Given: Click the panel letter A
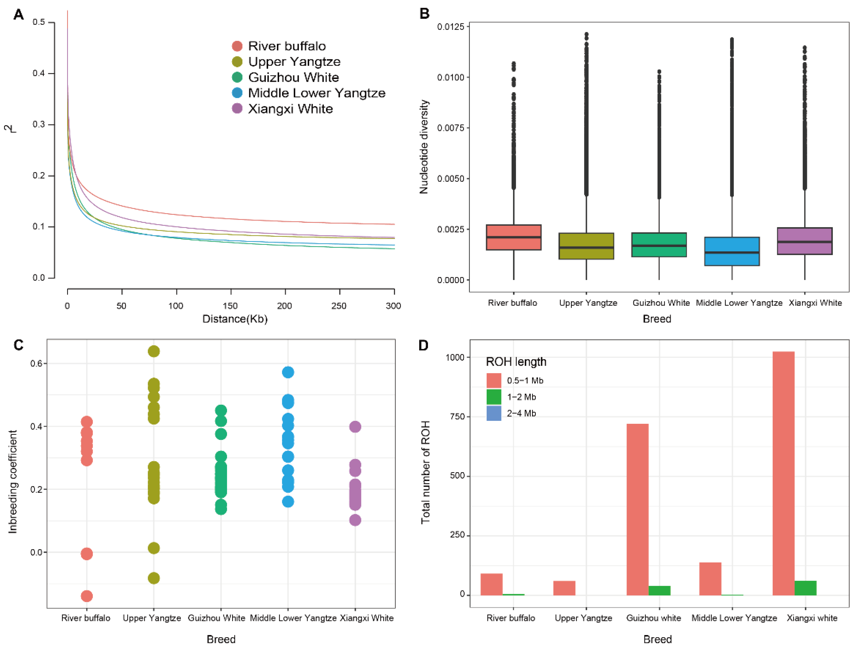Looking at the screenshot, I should click(x=18, y=15).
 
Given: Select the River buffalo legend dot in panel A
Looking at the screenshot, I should click(x=237, y=46).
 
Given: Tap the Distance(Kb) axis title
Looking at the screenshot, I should click(x=235, y=319).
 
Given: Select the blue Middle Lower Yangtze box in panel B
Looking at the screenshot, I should click(x=732, y=252).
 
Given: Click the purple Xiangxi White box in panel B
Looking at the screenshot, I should click(x=804, y=241).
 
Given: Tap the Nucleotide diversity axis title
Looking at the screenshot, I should click(x=424, y=147).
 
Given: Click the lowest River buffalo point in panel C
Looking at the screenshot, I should click(x=87, y=596).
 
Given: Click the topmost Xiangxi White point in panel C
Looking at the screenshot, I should click(x=355, y=427).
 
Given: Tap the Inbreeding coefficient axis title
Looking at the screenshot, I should click(x=13, y=482).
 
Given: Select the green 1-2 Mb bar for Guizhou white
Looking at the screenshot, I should click(x=659, y=590).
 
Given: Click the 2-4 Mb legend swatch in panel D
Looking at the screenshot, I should click(x=494, y=413).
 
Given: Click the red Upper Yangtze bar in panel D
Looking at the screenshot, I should click(x=564, y=588).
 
